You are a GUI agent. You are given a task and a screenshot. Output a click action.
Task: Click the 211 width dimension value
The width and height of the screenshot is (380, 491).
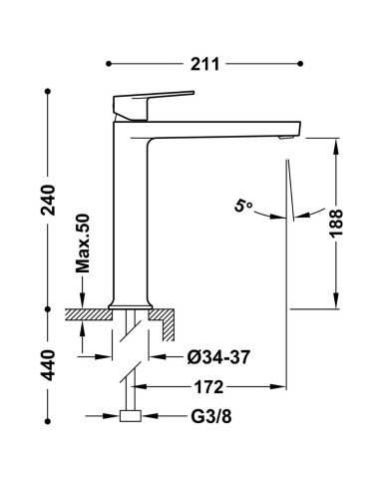[204, 64]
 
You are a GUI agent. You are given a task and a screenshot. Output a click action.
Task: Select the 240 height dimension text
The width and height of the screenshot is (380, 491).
[48, 200]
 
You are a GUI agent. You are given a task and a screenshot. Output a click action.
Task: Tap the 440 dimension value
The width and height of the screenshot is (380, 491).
[48, 365]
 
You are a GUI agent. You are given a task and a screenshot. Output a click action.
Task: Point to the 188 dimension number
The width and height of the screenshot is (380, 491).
[336, 224]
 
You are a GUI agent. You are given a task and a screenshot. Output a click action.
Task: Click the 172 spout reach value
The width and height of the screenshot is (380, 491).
[208, 387]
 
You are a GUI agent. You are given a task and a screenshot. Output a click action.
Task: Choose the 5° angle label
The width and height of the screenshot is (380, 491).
[243, 206]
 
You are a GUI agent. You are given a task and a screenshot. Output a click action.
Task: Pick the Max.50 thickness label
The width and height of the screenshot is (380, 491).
[83, 243]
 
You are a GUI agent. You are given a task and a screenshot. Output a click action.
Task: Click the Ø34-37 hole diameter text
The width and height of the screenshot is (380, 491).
[218, 357]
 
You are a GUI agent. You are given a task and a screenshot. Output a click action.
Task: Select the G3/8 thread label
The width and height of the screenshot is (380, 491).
[211, 416]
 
